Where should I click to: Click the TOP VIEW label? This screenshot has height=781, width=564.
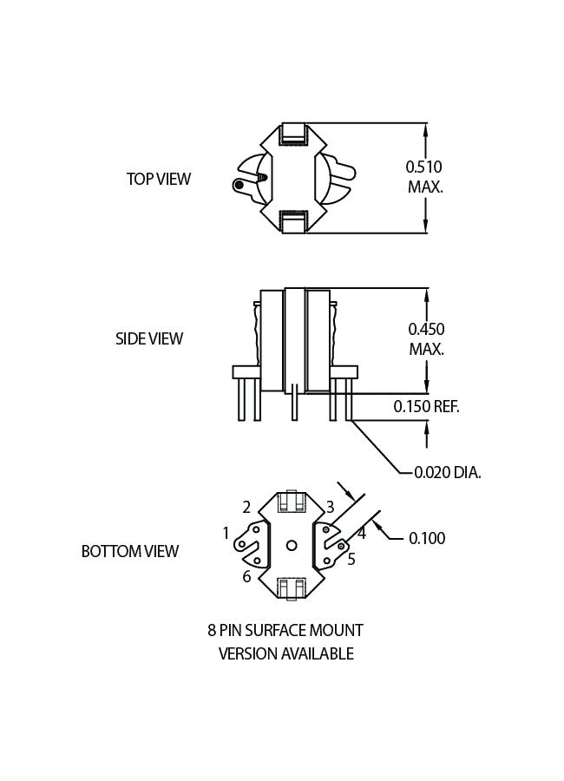pyautogui.click(x=159, y=179)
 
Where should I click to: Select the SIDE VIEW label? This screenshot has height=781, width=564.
pyautogui.click(x=149, y=338)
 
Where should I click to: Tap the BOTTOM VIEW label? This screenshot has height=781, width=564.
pyautogui.click(x=130, y=551)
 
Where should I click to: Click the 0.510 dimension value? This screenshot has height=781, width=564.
pyautogui.click(x=424, y=166)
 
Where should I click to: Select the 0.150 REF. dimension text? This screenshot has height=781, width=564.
pyautogui.click(x=426, y=406)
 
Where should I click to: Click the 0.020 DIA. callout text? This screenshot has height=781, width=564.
pyautogui.click(x=447, y=473)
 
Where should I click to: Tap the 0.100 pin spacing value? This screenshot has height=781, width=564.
pyautogui.click(x=427, y=538)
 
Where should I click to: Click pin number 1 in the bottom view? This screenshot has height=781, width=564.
pyautogui.click(x=226, y=533)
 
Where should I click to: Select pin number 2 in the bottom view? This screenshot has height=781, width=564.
pyautogui.click(x=246, y=507)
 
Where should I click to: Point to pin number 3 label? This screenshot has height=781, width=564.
pyautogui.click(x=330, y=507)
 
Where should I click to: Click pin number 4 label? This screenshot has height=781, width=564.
pyautogui.click(x=362, y=534)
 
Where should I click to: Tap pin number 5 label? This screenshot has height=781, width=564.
pyautogui.click(x=351, y=559)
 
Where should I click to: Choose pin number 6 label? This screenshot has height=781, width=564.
pyautogui.click(x=246, y=576)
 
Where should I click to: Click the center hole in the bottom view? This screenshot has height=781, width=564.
pyautogui.click(x=292, y=544)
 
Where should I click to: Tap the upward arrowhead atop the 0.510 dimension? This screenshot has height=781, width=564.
pyautogui.click(x=426, y=128)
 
